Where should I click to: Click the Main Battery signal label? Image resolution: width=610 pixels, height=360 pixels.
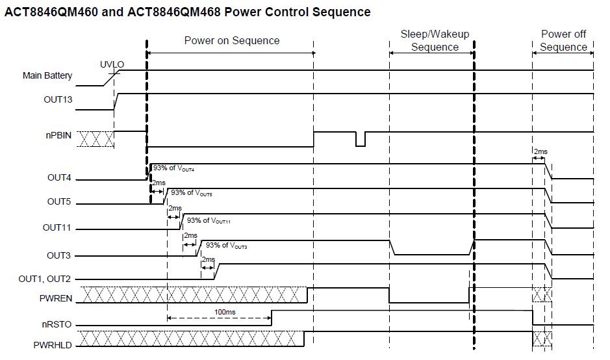click(x=47, y=75)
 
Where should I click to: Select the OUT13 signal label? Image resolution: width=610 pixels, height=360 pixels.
click(x=57, y=100)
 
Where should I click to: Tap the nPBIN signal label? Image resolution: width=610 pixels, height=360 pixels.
click(x=58, y=136)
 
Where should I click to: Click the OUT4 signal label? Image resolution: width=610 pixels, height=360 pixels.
click(x=59, y=177)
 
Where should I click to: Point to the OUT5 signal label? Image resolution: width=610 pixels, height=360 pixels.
click(x=59, y=202)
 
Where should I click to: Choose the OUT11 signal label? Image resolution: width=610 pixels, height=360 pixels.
click(x=57, y=228)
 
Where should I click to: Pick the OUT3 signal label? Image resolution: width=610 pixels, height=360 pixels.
click(x=59, y=255)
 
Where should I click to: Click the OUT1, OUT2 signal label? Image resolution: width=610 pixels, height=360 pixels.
click(x=45, y=279)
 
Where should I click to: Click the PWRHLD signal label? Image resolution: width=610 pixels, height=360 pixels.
click(x=53, y=346)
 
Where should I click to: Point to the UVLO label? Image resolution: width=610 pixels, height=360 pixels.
click(x=112, y=64)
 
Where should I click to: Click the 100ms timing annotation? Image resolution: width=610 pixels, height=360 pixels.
click(x=224, y=312)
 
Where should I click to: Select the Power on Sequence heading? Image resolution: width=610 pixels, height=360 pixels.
click(x=232, y=40)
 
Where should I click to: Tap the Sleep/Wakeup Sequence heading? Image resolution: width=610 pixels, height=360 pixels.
click(x=435, y=40)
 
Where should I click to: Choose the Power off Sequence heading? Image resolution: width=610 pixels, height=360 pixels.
click(x=563, y=40)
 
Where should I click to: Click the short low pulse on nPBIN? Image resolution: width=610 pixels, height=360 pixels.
click(x=360, y=139)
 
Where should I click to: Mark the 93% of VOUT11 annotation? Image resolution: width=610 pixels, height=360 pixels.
click(x=209, y=221)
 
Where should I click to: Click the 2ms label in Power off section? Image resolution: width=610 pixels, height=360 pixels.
click(x=540, y=151)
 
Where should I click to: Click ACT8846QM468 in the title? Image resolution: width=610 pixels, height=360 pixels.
click(x=166, y=12)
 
